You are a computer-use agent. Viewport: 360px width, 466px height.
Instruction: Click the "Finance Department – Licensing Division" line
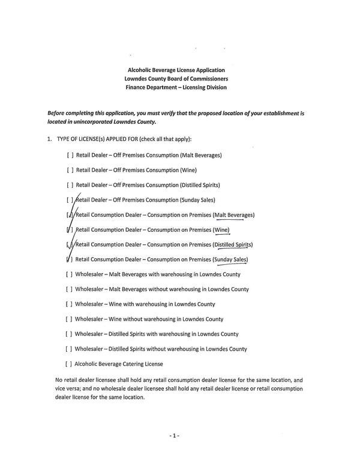click(x=176, y=87)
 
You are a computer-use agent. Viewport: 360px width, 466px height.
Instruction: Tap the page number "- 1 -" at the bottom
click(x=174, y=435)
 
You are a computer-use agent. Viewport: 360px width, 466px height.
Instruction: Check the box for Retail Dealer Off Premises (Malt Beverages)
click(x=70, y=155)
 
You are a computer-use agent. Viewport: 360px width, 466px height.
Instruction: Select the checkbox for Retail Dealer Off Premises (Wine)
click(x=70, y=170)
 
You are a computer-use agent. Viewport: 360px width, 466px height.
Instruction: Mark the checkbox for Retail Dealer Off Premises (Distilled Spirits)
click(x=70, y=185)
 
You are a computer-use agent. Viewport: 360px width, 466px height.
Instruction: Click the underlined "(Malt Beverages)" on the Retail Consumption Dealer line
click(x=233, y=214)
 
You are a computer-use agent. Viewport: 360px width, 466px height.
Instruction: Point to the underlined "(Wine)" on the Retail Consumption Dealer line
click(x=221, y=229)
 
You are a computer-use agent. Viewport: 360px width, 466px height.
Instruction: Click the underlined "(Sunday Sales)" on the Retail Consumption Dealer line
click(x=230, y=259)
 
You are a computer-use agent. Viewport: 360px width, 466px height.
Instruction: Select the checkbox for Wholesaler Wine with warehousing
click(x=70, y=304)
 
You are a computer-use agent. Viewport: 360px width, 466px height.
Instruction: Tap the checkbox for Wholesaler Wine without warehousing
click(x=70, y=319)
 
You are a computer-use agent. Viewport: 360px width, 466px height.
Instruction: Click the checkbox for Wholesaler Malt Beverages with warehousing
click(x=70, y=274)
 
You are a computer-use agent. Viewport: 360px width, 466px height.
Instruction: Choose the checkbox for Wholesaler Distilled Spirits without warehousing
click(x=70, y=349)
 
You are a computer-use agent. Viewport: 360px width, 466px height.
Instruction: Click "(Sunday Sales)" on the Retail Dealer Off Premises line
click(x=197, y=199)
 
